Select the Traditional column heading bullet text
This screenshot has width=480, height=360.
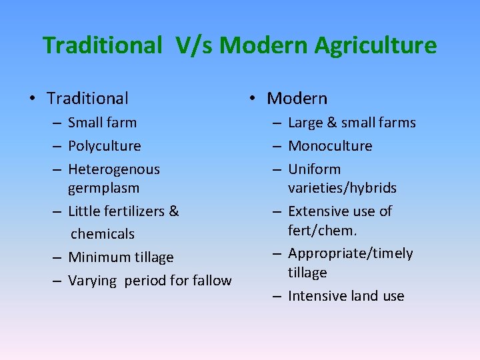tap(87, 99)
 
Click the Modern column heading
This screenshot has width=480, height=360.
tap(297, 99)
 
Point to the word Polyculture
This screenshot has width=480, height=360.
tap(105, 146)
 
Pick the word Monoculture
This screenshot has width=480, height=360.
tap(330, 146)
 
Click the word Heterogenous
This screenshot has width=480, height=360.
tap(114, 169)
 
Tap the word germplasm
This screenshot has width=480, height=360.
tap(103, 188)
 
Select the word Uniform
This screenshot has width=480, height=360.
tap(314, 169)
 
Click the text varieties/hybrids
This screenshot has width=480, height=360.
tap(342, 188)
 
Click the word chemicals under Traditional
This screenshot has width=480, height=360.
tap(103, 234)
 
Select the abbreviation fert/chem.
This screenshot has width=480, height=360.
tap(323, 231)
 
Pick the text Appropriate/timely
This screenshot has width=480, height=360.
tap(350, 253)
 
